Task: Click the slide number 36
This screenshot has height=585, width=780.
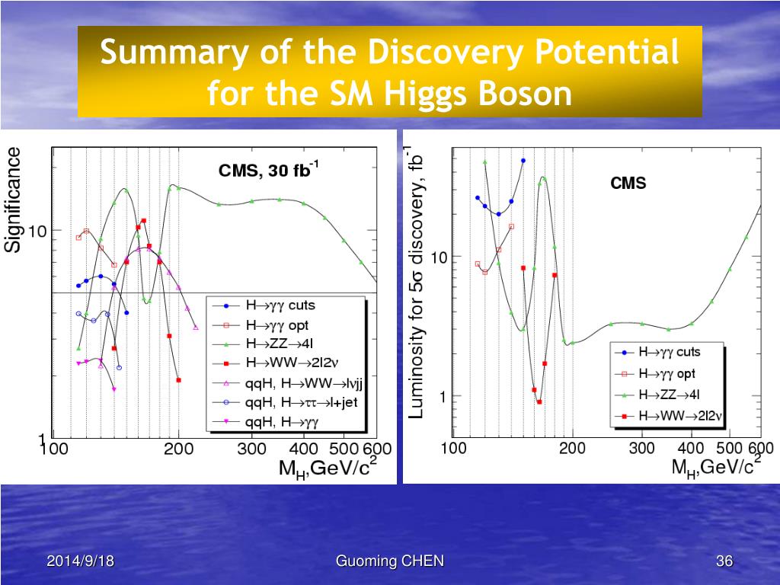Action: [724, 562]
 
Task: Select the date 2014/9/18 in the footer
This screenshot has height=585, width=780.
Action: [81, 562]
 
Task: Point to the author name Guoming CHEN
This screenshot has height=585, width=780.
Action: [390, 562]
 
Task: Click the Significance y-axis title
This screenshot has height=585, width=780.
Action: [13, 200]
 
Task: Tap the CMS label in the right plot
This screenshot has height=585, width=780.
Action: [628, 184]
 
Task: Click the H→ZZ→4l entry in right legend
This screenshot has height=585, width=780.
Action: [670, 395]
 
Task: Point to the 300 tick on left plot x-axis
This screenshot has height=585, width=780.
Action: [251, 449]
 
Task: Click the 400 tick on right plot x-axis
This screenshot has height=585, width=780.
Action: [691, 449]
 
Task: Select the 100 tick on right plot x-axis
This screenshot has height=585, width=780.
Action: [454, 449]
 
